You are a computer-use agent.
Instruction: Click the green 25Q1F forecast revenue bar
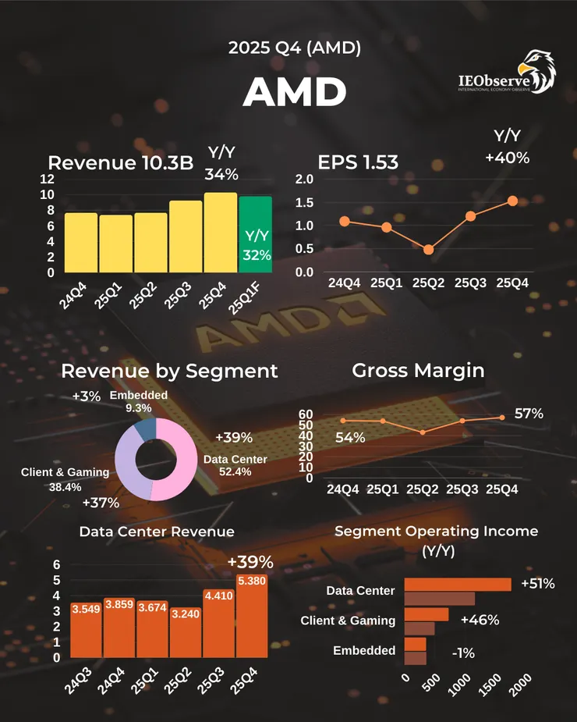(x=256, y=234)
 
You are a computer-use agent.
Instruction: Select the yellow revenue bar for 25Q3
(x=186, y=237)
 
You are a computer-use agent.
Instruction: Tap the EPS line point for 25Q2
(x=428, y=250)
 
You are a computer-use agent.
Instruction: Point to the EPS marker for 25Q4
(x=512, y=201)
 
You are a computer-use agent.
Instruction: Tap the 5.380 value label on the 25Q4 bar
(x=251, y=581)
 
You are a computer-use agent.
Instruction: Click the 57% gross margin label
(x=528, y=413)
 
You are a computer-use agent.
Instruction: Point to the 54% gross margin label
(x=350, y=438)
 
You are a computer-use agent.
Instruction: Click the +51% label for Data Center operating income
(x=537, y=583)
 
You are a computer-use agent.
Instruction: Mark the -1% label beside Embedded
(x=465, y=653)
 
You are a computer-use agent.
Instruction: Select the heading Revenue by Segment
(x=169, y=370)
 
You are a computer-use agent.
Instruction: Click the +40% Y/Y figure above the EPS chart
(x=507, y=158)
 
